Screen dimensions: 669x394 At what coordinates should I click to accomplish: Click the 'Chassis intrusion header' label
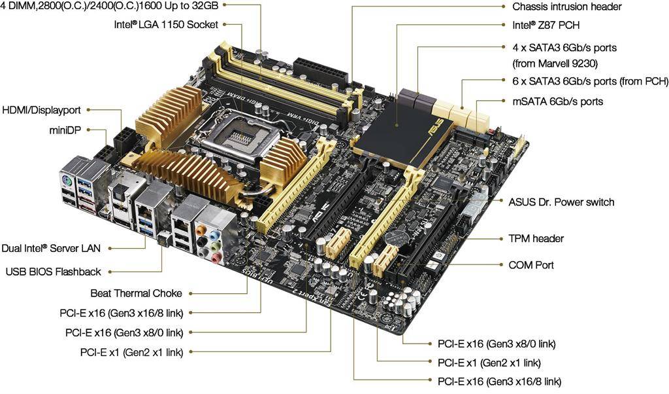click(x=566, y=7)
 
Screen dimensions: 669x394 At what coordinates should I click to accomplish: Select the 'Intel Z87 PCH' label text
click(x=546, y=26)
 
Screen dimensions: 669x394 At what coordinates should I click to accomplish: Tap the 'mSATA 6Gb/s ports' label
click(x=558, y=101)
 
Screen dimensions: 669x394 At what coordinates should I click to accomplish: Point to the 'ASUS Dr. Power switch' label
click(x=561, y=202)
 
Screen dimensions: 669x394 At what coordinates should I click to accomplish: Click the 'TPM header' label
click(x=536, y=238)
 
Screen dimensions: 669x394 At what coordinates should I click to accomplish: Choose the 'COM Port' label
click(x=531, y=265)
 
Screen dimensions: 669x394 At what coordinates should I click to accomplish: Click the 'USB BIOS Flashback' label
click(x=54, y=272)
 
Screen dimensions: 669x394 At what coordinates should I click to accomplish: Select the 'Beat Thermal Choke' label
click(x=136, y=293)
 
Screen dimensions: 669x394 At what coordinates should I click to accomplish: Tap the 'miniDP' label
click(x=65, y=130)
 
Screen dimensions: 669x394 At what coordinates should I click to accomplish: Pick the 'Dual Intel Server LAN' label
click(x=51, y=248)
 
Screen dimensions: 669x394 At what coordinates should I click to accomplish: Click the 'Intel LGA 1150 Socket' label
click(x=166, y=25)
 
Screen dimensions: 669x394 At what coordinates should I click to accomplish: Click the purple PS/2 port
click(x=67, y=181)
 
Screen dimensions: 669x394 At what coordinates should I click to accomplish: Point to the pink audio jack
click(x=216, y=257)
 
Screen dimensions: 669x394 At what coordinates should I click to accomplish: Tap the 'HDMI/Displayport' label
click(x=41, y=110)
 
